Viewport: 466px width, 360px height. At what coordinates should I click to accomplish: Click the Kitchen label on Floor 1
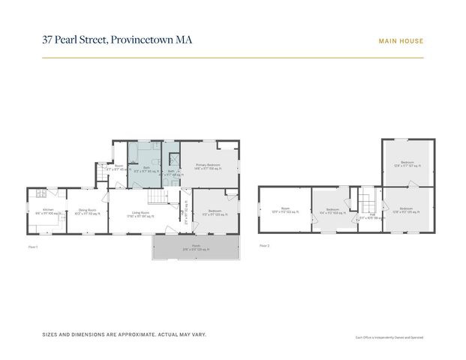click(x=47, y=210)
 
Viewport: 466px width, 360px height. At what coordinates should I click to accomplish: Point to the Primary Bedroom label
click(x=207, y=165)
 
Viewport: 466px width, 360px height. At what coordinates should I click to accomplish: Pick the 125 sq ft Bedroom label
click(x=407, y=208)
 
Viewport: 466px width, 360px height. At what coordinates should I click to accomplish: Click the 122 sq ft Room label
click(x=285, y=209)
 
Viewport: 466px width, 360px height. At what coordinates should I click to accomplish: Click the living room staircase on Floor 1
click(x=156, y=196)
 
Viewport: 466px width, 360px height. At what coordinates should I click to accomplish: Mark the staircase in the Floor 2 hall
click(x=367, y=201)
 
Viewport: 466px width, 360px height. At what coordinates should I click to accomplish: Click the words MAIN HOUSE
click(x=401, y=41)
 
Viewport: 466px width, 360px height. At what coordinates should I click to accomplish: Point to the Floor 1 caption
click(x=32, y=245)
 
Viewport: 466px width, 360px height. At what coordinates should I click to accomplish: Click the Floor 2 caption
click(x=264, y=245)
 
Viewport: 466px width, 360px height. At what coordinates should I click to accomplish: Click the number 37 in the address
click(x=48, y=41)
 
